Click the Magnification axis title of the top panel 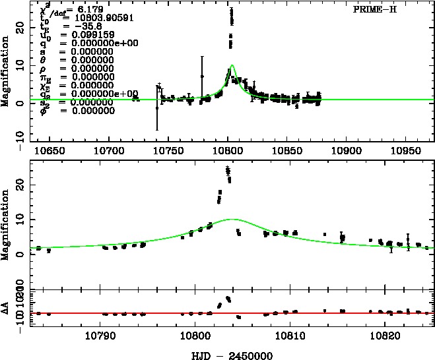click(x=6, y=73)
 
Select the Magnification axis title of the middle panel click(x=6, y=224)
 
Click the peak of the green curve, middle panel click(x=232, y=219)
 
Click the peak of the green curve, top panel click(x=232, y=65)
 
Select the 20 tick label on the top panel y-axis click(x=19, y=29)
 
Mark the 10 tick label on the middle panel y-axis click(x=19, y=218)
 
